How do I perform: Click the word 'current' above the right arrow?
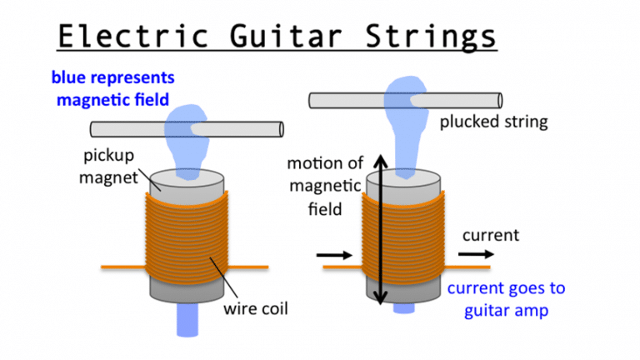pos(490,235)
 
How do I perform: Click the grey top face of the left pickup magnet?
pos(185,178)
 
